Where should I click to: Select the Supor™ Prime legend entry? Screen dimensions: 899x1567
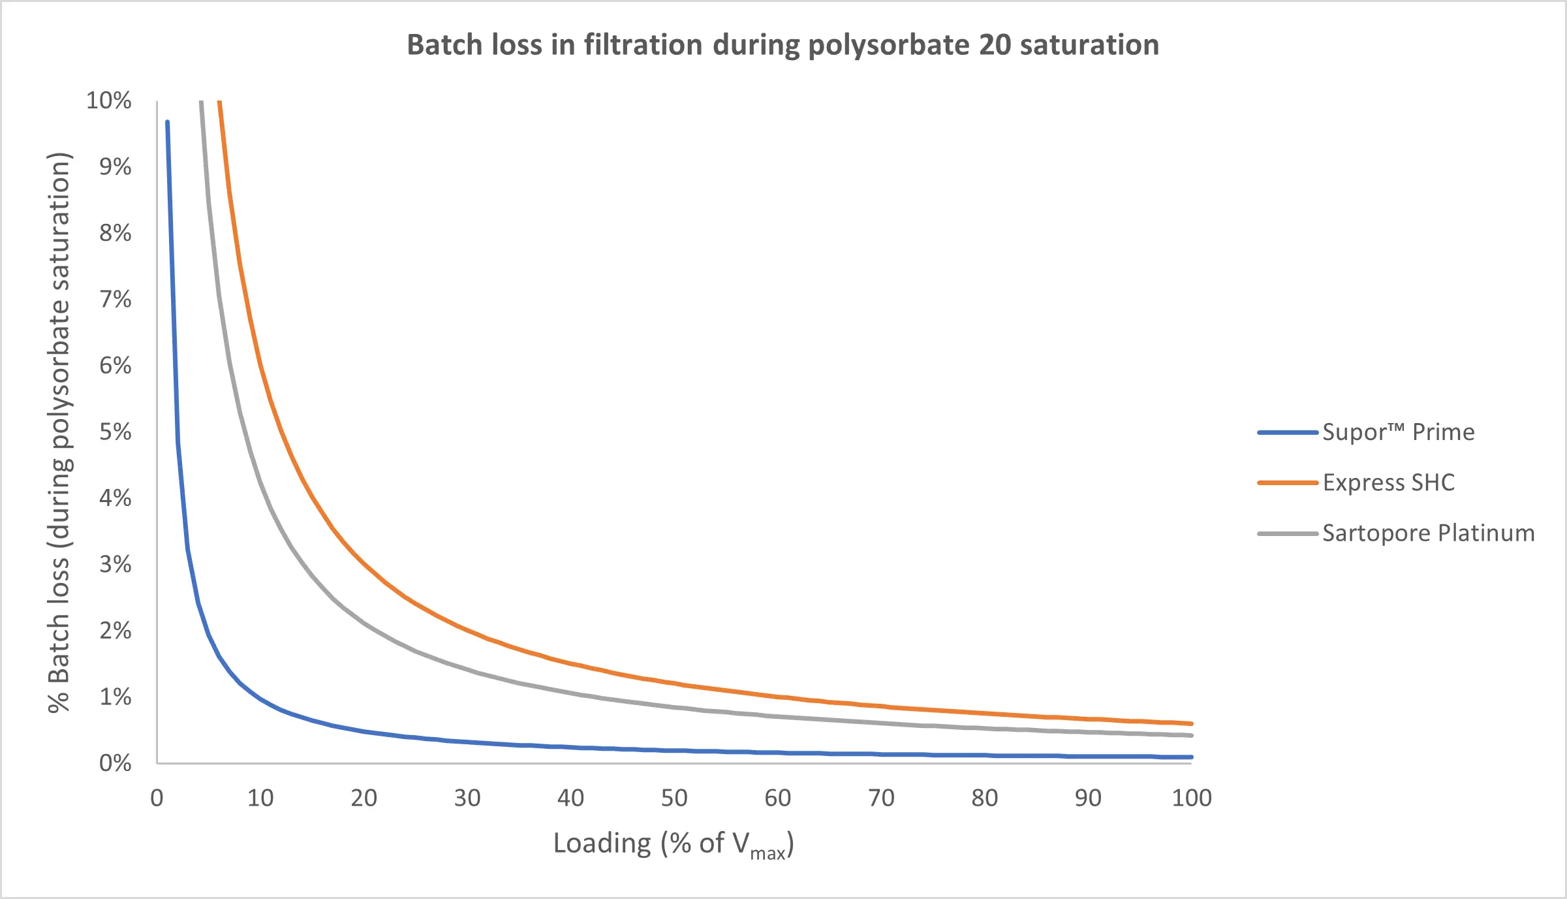tap(1398, 432)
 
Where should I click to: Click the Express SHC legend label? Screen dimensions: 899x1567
tap(1388, 482)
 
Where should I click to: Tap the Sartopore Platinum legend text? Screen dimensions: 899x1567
tap(1428, 533)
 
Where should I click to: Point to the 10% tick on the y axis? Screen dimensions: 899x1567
tap(109, 101)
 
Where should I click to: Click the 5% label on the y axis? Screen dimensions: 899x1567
tap(115, 432)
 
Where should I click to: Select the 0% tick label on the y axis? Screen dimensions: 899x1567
tap(115, 763)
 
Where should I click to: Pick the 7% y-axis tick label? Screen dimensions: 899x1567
tap(115, 299)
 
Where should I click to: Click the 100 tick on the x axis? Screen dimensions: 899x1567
tap(1191, 798)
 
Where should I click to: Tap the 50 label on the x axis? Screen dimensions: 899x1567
tap(674, 798)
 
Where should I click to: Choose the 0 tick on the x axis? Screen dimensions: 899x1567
tap(157, 798)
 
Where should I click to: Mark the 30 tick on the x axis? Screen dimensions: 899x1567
tap(467, 798)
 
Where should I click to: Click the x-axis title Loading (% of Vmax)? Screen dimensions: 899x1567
tap(674, 844)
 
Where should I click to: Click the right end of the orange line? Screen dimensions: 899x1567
tap(1191, 723)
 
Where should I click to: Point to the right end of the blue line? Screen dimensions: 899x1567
tap(1191, 757)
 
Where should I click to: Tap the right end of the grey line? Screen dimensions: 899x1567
tap(1191, 736)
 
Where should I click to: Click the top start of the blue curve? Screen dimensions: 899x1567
tap(168, 122)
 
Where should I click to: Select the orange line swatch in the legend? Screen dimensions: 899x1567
tap(1287, 482)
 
